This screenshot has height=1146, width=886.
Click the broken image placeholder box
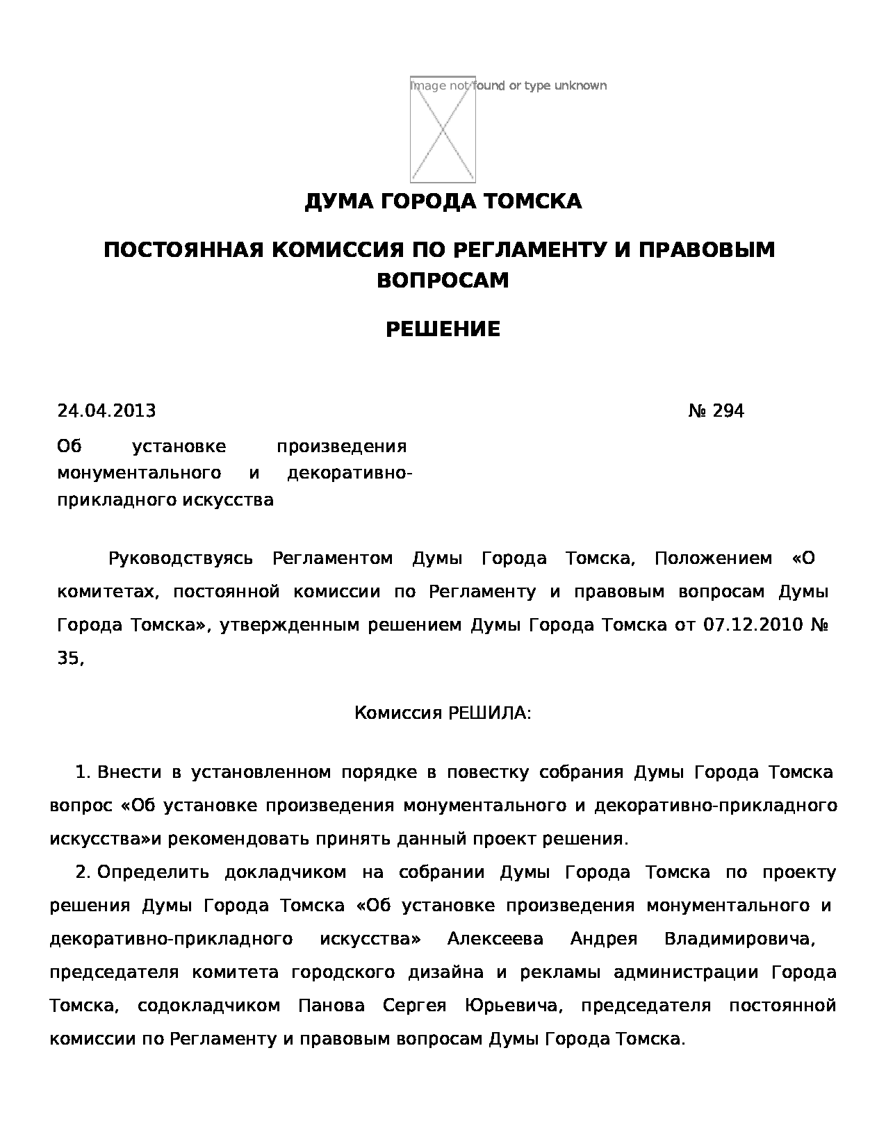coord(443,130)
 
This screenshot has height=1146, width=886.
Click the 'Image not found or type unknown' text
coord(508,85)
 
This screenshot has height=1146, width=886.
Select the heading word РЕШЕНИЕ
coord(443,329)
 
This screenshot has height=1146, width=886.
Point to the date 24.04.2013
coord(106,411)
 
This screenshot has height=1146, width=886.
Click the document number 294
coord(728,411)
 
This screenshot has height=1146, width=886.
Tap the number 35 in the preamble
coord(68,658)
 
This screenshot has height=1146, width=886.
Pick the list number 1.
coord(82,772)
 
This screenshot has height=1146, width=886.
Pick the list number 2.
coord(82,872)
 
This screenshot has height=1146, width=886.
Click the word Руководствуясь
coord(180,558)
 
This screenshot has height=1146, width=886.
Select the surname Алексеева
coord(495,939)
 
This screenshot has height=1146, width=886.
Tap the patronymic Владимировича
coord(738,939)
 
